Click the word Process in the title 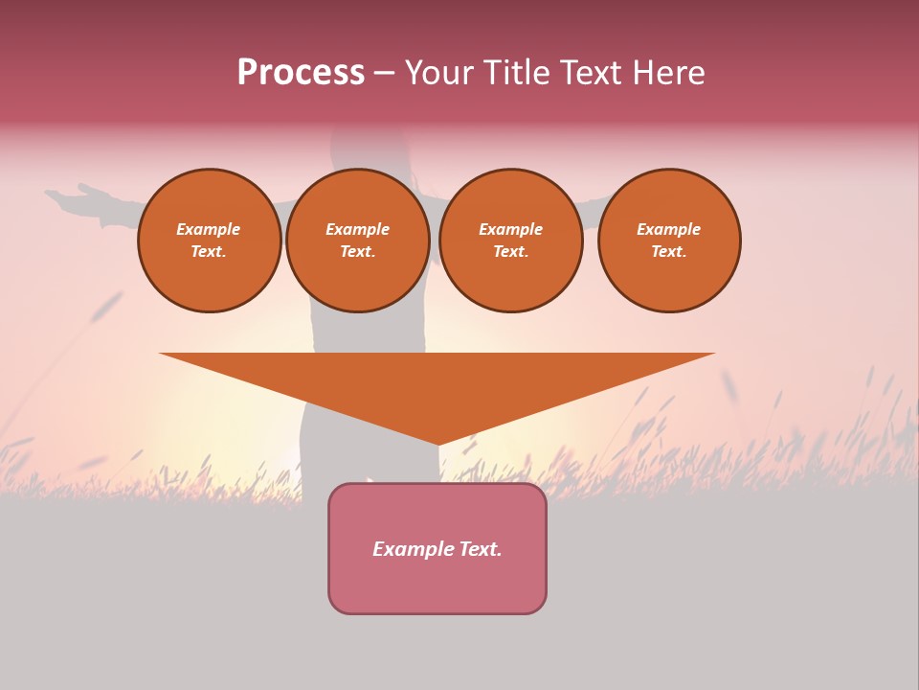click(x=301, y=73)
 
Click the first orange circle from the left click(x=209, y=241)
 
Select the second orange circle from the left click(x=357, y=241)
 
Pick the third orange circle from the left click(x=510, y=241)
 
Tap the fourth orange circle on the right click(x=668, y=241)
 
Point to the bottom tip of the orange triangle click(x=437, y=444)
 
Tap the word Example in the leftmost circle click(x=209, y=229)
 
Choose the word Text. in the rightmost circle click(x=668, y=252)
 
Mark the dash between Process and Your click(x=385, y=73)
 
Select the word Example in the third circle click(x=510, y=229)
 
